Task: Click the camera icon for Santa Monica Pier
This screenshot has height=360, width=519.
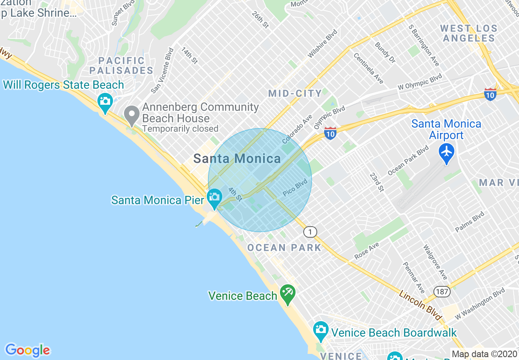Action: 214,197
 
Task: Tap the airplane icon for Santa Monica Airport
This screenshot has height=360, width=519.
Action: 446,152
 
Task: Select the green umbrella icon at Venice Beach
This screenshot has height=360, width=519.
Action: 288,294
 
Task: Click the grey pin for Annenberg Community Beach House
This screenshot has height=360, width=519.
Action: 132,115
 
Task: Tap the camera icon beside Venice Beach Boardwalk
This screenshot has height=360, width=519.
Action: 320,330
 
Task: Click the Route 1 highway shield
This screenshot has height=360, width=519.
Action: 310,232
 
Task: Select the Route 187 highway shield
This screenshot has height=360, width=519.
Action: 442,292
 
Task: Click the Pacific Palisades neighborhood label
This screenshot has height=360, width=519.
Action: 121,65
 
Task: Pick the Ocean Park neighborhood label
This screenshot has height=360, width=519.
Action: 284,248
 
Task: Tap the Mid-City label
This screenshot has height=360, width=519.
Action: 295,93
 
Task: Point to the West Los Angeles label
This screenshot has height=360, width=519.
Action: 469,34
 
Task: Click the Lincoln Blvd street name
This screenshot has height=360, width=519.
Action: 421,305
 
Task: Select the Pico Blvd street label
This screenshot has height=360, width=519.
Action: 295,187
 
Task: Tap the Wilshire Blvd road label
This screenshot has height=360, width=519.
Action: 323,43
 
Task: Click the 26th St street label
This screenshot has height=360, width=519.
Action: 260,20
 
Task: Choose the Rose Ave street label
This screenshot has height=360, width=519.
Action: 367,250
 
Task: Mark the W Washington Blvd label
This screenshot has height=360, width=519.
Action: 480,303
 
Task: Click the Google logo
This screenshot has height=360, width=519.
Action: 27,350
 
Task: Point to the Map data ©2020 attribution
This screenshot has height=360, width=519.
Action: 485,354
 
